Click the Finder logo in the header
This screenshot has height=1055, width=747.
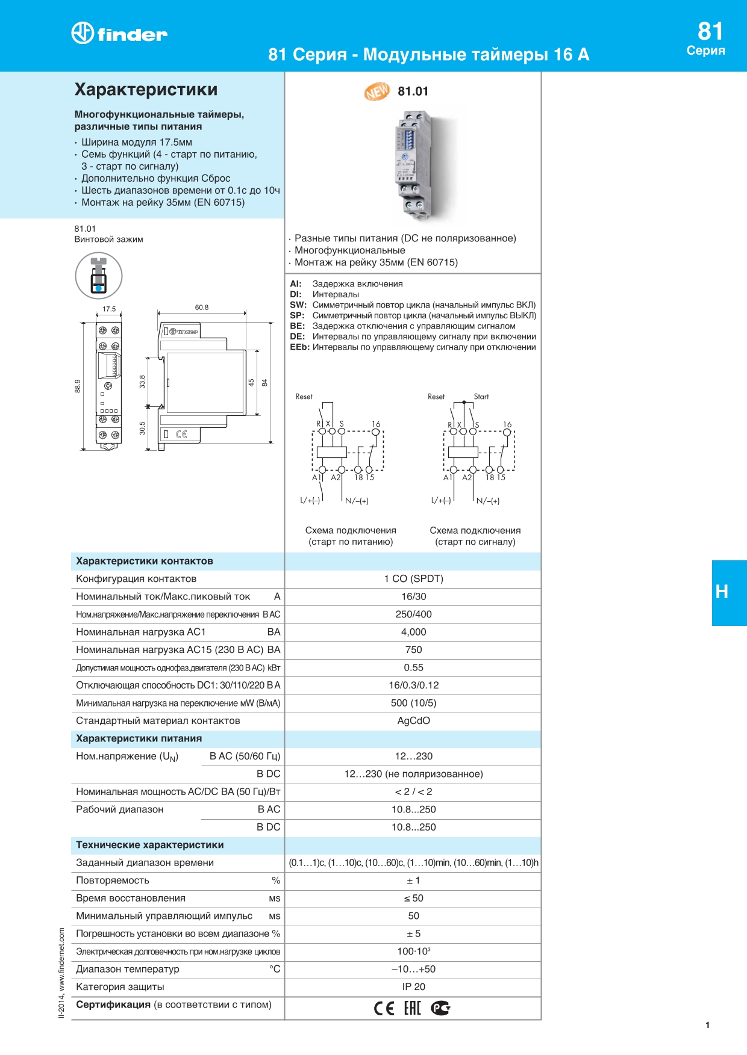(119, 33)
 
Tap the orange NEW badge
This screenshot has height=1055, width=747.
(377, 91)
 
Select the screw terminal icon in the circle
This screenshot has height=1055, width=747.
(99, 276)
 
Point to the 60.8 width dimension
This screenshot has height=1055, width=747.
(202, 308)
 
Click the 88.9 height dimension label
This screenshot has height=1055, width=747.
(78, 386)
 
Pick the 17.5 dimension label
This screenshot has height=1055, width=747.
(109, 309)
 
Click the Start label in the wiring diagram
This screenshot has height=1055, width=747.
(481, 397)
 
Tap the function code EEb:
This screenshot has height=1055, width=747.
(299, 347)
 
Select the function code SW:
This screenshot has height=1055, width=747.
(298, 305)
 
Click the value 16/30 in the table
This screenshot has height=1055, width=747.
(414, 596)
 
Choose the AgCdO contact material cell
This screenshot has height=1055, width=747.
(414, 720)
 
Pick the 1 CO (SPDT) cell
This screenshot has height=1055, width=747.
(414, 578)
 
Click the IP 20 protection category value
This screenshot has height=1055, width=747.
(414, 986)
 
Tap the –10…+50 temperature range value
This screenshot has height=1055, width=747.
(414, 969)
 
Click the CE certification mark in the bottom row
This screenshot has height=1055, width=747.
(384, 1008)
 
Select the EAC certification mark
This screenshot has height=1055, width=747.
(412, 1008)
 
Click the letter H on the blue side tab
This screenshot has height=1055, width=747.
(722, 592)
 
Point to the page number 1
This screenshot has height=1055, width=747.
(707, 1025)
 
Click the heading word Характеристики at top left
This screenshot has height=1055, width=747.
(146, 90)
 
